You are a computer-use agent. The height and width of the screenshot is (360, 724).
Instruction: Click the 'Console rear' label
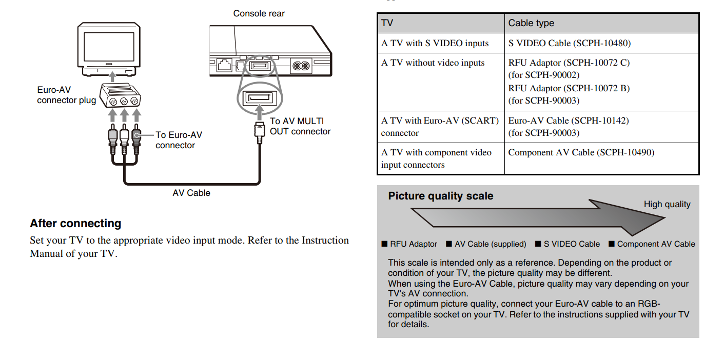point(259,13)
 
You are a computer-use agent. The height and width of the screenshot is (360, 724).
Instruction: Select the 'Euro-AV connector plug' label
point(66,95)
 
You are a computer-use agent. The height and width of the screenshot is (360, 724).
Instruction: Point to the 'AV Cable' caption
point(191,193)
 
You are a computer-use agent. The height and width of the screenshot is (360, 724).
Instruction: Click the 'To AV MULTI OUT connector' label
point(300,126)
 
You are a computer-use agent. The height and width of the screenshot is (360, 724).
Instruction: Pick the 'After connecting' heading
point(75,224)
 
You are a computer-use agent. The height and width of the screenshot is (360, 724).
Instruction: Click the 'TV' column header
point(387,23)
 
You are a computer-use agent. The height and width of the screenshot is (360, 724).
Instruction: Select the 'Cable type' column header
point(531,23)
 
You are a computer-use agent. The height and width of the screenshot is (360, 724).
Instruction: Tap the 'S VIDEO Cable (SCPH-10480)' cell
point(570,43)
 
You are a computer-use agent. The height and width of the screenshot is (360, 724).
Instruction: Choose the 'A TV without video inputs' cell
point(433,63)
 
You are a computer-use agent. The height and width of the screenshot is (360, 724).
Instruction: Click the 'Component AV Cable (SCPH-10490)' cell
point(581,152)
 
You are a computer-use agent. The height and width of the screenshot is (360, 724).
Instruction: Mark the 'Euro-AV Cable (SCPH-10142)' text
point(569,121)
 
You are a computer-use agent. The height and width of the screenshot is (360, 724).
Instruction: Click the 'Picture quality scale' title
point(440,196)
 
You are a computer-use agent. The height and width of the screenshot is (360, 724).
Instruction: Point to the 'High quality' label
point(667,204)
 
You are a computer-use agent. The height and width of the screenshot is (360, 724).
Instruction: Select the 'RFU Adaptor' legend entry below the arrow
point(413,244)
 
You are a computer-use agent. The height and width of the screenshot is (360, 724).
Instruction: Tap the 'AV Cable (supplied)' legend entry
point(490,244)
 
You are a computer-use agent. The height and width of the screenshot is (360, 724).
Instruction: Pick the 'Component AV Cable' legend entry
point(655,244)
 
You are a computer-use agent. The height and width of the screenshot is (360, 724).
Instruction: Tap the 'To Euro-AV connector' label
point(179,140)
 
